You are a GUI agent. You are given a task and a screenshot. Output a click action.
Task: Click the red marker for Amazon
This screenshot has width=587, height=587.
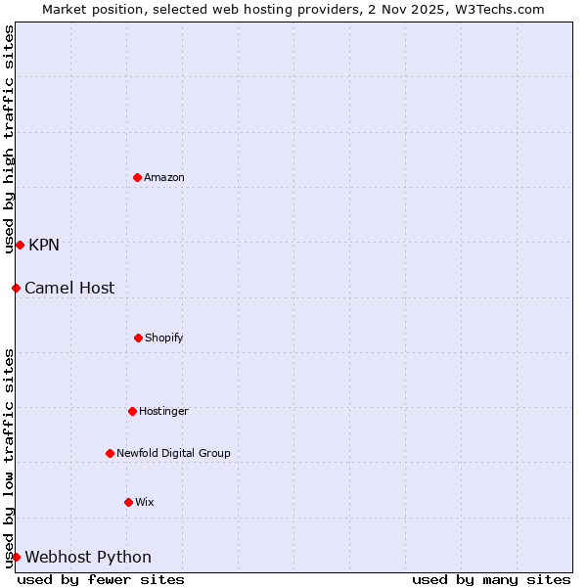click(x=137, y=177)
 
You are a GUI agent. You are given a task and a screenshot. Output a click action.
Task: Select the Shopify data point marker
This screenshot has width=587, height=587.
click(x=138, y=338)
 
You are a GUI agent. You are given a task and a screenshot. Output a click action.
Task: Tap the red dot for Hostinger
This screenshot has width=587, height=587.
click(x=132, y=411)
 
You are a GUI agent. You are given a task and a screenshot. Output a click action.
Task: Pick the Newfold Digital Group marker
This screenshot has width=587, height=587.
click(x=110, y=453)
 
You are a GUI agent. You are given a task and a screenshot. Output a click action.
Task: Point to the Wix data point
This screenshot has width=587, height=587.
click(x=128, y=502)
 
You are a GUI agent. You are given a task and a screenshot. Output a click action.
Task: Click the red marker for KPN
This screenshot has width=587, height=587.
click(x=20, y=245)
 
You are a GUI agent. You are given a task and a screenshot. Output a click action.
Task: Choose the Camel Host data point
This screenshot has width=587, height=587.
click(x=16, y=288)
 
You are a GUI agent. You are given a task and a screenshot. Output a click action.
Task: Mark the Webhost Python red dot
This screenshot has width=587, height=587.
click(x=16, y=557)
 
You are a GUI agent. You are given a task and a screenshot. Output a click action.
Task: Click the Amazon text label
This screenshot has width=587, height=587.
click(x=164, y=177)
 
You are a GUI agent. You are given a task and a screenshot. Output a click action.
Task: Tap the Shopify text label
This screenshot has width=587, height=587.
click(x=164, y=338)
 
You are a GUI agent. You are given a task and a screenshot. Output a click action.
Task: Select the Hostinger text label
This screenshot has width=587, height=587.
click(x=163, y=411)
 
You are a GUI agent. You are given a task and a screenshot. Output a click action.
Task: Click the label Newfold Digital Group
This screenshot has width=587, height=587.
click(x=173, y=453)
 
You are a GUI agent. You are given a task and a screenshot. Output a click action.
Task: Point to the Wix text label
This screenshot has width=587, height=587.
click(x=145, y=502)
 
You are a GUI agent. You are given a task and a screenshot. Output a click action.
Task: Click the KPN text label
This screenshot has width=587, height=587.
click(x=44, y=245)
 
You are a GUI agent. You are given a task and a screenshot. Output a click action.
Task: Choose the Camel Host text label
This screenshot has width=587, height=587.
click(x=69, y=288)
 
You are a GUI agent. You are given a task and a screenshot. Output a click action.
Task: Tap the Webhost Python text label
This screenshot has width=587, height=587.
click(x=88, y=557)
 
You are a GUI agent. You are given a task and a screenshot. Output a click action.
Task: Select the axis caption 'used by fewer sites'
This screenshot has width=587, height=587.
click(x=101, y=579)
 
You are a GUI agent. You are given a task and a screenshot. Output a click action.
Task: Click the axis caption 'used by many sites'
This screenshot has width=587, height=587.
click(x=491, y=579)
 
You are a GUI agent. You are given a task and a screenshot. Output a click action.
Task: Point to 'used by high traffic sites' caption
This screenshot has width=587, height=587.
click(x=9, y=140)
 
